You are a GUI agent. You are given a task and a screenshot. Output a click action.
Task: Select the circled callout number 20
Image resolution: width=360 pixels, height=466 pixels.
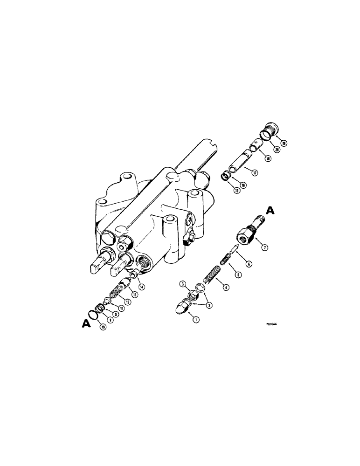pyautogui.click(x=277, y=150)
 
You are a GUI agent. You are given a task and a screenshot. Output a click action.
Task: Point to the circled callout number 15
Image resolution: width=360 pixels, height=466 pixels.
pyautogui.click(x=224, y=191)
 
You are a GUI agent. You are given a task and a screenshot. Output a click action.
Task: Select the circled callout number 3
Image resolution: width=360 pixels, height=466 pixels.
pyautogui.click(x=184, y=283)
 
